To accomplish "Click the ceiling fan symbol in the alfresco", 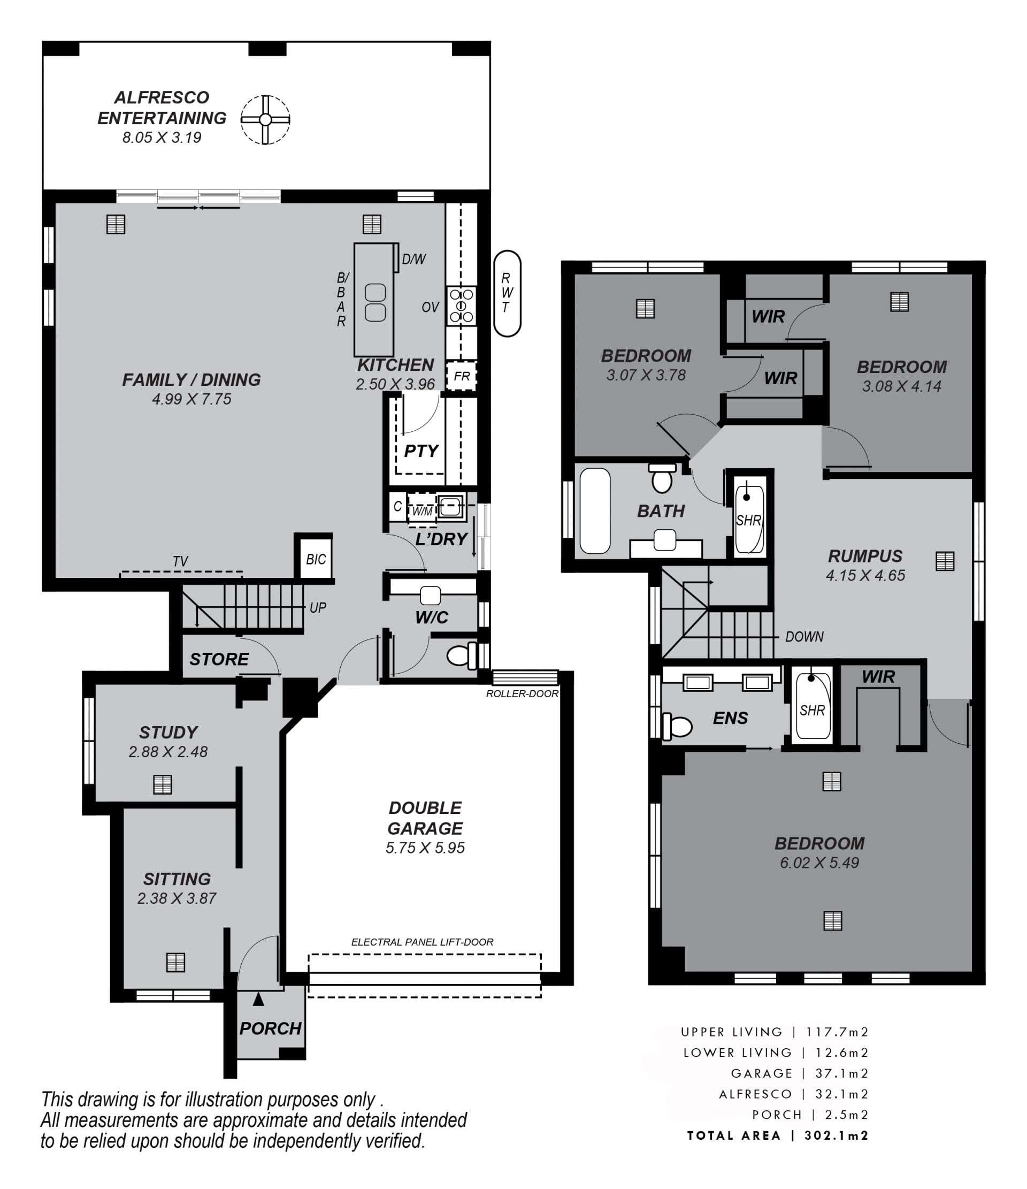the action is (x=265, y=119).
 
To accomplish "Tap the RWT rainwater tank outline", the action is (x=507, y=293).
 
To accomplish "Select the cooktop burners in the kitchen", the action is (x=461, y=306).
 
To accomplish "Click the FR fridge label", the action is (x=462, y=376).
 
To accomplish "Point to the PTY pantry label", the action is (x=421, y=451).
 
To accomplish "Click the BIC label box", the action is (x=316, y=559).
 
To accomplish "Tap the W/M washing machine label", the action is (x=422, y=510).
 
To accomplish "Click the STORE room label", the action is (x=219, y=659).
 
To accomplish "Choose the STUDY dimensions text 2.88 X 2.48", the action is (x=168, y=751).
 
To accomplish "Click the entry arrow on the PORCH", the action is (x=258, y=999).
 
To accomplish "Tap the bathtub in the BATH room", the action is (x=595, y=510).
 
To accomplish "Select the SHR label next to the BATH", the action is (x=749, y=520).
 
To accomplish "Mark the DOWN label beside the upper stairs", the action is (x=804, y=636).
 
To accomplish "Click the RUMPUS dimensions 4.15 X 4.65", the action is (x=865, y=575).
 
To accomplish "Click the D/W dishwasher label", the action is (x=413, y=260).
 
